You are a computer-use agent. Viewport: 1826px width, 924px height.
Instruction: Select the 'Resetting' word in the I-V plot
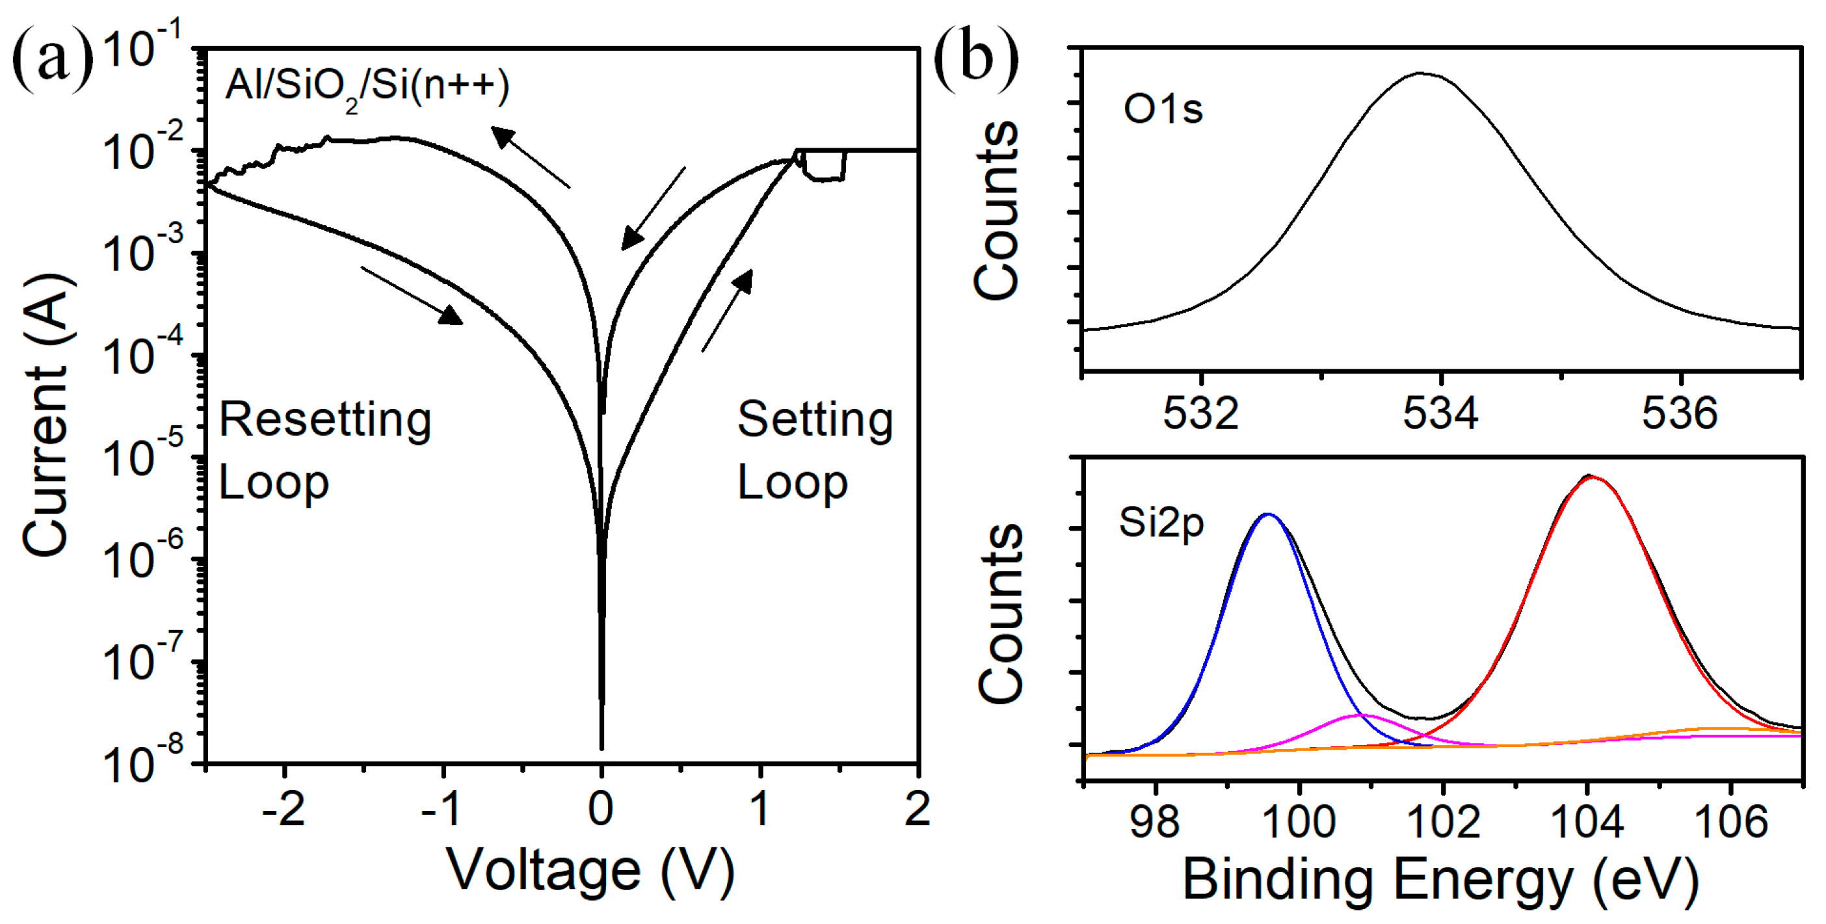pos(324,419)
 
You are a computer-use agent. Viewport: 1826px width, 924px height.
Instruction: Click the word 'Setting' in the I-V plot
pos(815,419)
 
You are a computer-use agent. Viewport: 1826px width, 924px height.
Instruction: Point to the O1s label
pos(1163,110)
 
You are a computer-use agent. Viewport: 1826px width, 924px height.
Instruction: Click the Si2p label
pos(1161,524)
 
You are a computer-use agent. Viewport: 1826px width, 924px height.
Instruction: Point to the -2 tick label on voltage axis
pos(284,809)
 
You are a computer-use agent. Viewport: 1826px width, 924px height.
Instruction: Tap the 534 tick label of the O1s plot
pos(1440,413)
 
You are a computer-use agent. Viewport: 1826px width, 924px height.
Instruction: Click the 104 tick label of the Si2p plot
pos(1587,822)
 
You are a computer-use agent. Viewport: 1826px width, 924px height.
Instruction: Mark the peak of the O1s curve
pos(1420,73)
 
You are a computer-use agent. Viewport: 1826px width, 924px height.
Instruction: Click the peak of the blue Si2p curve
pos(1268,514)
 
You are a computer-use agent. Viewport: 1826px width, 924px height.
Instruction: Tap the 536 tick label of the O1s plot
pos(1680,413)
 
